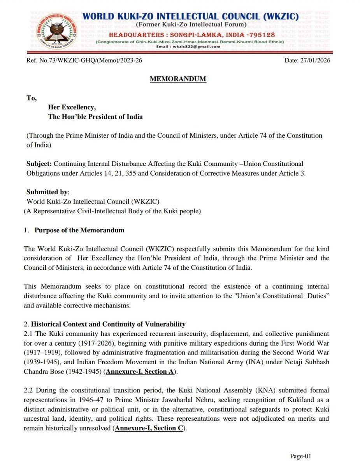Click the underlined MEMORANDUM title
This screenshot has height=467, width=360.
point(178,79)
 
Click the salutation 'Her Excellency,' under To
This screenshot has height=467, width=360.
point(72,107)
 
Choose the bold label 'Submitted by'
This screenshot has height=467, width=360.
point(41,192)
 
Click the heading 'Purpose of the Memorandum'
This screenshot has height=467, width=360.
point(79,230)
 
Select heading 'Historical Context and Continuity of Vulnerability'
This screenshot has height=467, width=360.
point(108,324)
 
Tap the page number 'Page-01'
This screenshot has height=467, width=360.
point(300,456)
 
